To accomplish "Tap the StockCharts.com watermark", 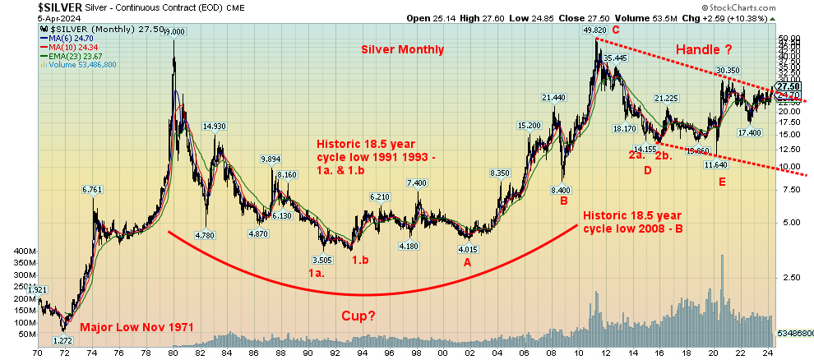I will [735, 6].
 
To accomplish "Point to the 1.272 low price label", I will [63, 340].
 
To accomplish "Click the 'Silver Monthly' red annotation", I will [402, 49].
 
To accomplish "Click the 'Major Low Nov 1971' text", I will [136, 327].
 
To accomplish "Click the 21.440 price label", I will [553, 98].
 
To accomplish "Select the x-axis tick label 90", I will [308, 352].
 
